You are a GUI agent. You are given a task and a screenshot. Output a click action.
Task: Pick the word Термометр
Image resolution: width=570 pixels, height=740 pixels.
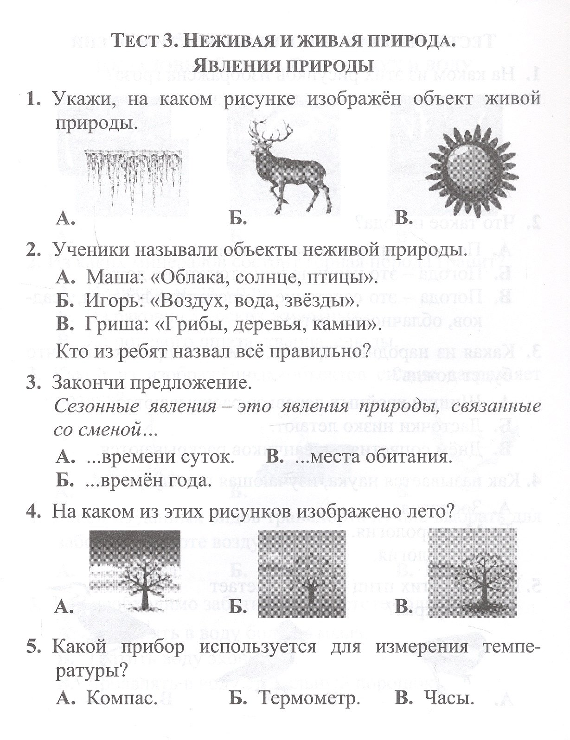(x=310, y=711)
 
